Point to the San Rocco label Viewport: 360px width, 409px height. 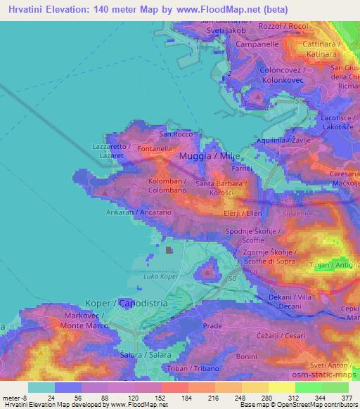tap(176, 134)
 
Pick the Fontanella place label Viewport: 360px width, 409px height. tap(155, 149)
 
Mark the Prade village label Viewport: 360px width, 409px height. tap(212, 326)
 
